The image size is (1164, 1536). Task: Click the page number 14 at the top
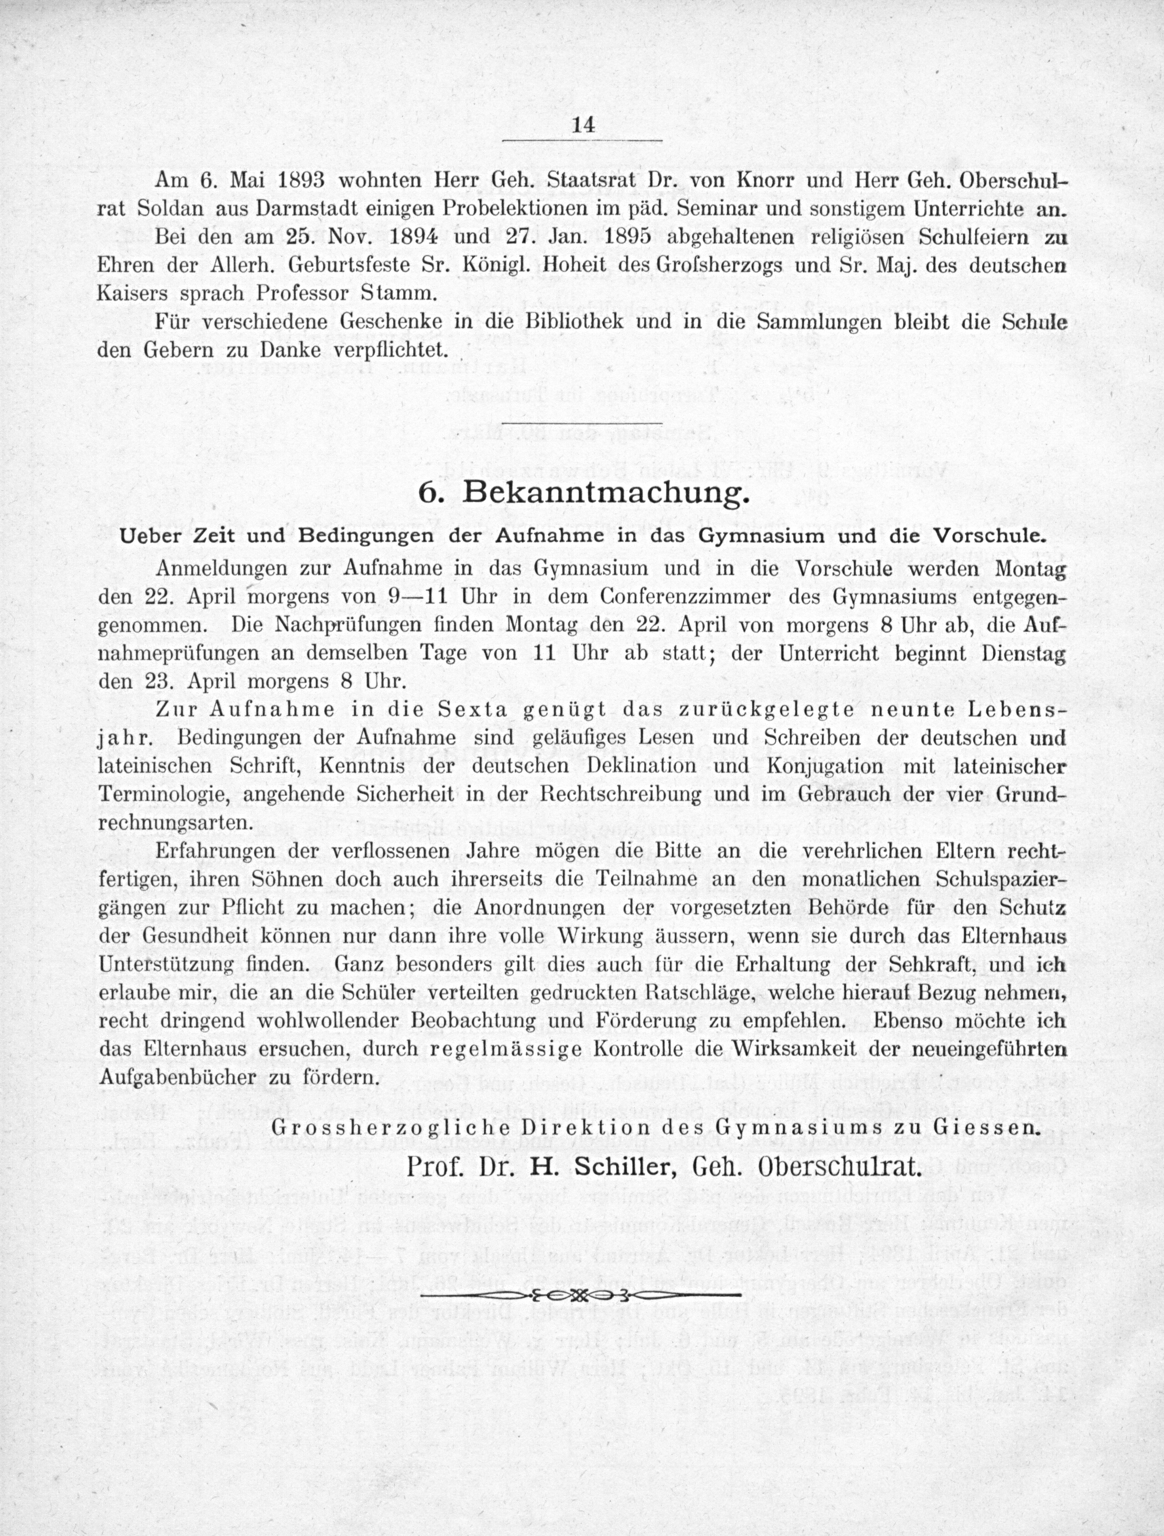click(582, 125)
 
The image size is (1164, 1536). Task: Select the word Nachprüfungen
click(348, 624)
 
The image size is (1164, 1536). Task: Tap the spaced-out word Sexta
click(477, 710)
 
